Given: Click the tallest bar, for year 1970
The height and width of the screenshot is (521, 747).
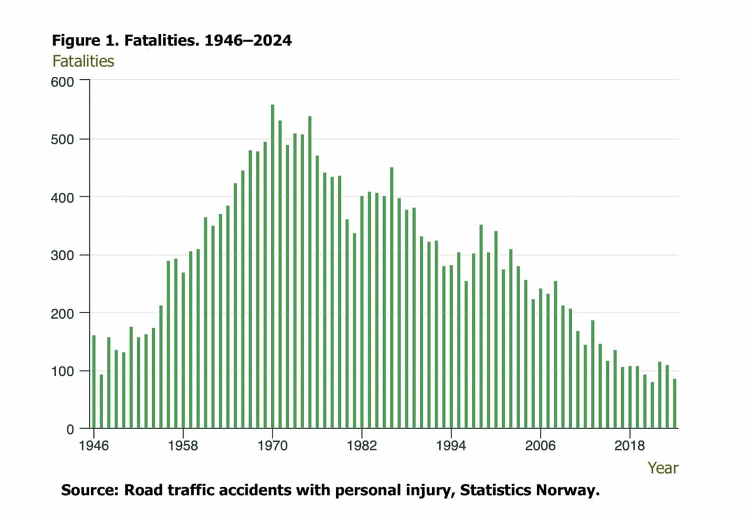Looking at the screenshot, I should [x=273, y=267].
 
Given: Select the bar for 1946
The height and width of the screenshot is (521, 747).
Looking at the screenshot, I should [x=94, y=382].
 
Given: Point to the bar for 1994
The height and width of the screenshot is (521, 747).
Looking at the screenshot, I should [x=451, y=347].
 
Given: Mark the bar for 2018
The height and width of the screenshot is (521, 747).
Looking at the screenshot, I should [x=630, y=397].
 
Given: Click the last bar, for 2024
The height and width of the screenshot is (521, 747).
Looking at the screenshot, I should [x=674, y=404].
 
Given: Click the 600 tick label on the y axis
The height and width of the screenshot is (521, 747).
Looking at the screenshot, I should [x=62, y=82].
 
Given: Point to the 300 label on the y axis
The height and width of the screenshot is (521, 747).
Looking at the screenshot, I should [x=62, y=255].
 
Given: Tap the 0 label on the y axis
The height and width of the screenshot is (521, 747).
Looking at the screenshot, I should [x=70, y=429].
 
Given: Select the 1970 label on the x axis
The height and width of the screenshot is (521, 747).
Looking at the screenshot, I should [x=273, y=445].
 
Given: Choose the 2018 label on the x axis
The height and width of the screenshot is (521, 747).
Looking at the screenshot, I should [x=630, y=445].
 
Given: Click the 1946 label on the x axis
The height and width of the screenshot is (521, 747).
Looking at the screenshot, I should [x=94, y=445].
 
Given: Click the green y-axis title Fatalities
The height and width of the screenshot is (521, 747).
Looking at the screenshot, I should [x=83, y=61].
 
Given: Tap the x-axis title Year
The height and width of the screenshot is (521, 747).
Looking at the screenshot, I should [x=663, y=468].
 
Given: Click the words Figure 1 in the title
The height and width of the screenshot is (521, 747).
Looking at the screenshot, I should [x=85, y=41].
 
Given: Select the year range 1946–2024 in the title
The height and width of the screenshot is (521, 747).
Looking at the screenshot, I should [x=248, y=41].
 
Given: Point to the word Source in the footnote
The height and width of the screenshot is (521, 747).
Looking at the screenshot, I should [x=89, y=490].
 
